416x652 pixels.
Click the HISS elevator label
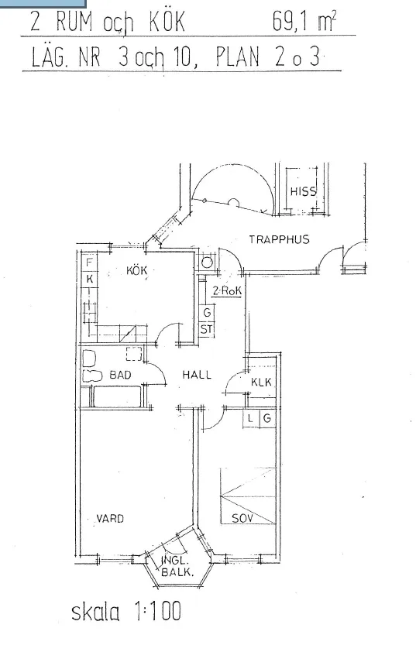tap(303, 192)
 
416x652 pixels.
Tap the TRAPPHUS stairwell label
tap(279, 239)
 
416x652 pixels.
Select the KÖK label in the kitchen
tap(136, 271)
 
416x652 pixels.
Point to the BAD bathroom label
tap(120, 375)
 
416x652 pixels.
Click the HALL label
tap(197, 375)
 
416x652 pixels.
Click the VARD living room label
tap(110, 518)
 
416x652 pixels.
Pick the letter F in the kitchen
tap(89, 263)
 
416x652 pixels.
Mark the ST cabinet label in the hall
tap(206, 329)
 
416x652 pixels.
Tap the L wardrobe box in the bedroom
tap(251, 419)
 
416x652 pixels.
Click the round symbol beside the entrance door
tap(207, 263)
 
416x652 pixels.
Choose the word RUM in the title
tap(76, 22)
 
